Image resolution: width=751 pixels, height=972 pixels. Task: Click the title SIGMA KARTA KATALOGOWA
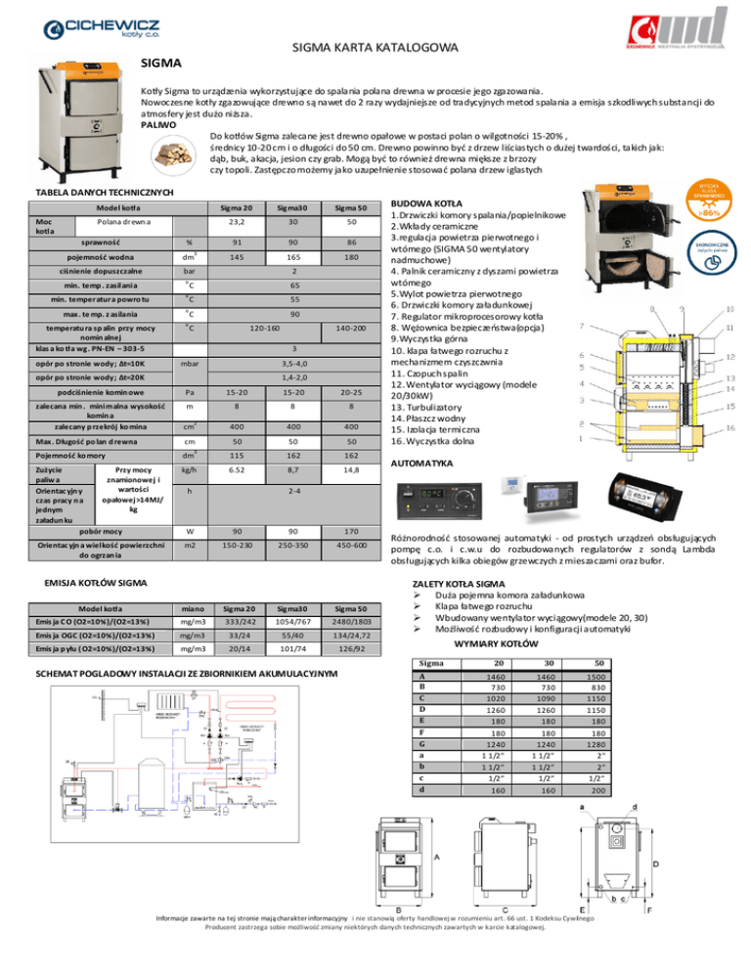pyautogui.click(x=375, y=48)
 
